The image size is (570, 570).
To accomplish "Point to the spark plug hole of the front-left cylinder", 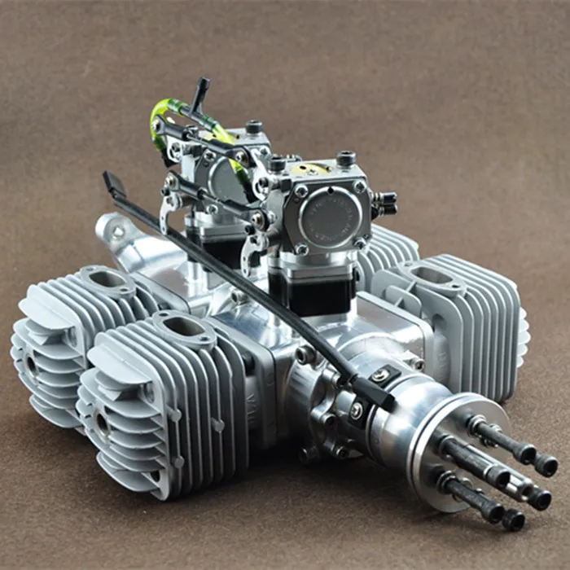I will click(x=103, y=423).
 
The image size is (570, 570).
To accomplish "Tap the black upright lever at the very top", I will click(x=198, y=92).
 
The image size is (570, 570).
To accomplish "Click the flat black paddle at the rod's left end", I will click(x=113, y=186).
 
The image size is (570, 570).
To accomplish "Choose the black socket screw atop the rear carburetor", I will click(x=255, y=128).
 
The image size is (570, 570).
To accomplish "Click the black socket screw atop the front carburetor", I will click(x=346, y=158).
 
